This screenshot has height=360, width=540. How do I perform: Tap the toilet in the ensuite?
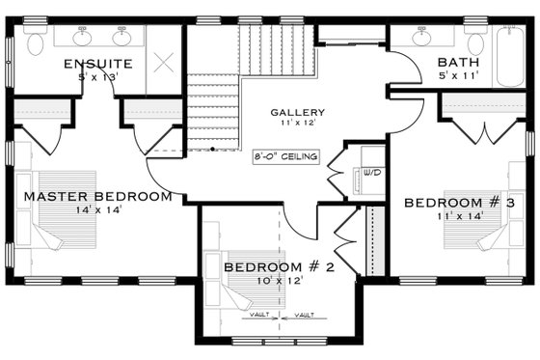point(37,42)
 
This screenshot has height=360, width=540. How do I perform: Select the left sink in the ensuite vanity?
point(80,39)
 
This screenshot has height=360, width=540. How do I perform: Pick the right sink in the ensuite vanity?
point(121,39)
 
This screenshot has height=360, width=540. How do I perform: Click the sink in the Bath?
point(422,39)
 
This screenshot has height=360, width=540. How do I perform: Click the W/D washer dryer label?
point(370,176)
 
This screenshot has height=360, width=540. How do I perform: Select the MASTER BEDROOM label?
point(98,196)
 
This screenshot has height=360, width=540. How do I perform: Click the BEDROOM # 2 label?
point(279,266)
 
